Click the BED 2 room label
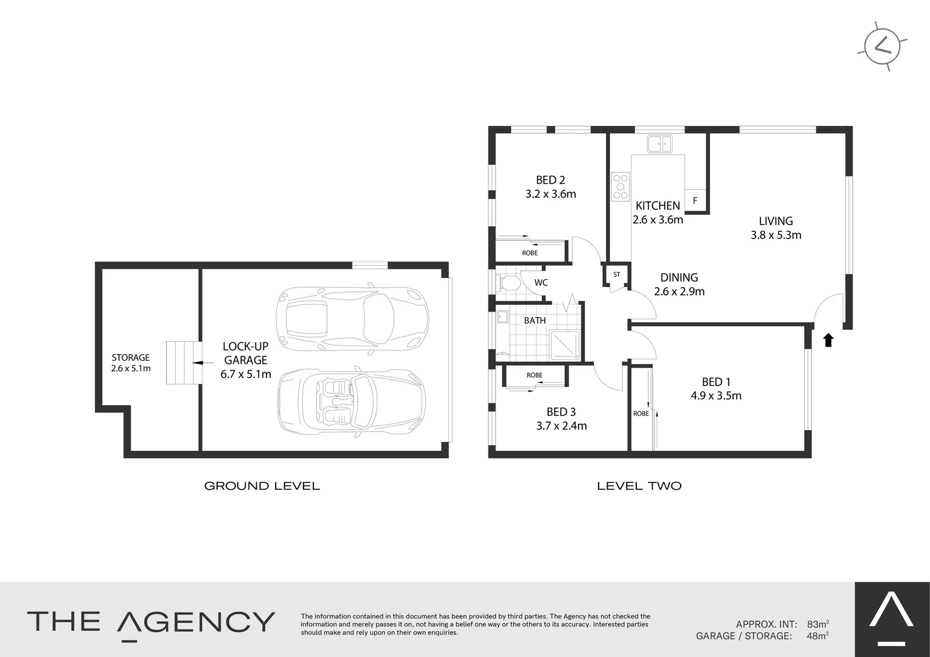coord(550,180)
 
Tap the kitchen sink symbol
coord(659,144)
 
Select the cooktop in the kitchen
coord(620,187)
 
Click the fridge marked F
coord(695,200)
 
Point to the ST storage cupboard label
coord(617,274)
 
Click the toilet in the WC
coord(509,283)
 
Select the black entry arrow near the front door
coord(828,340)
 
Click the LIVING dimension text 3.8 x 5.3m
coord(776,235)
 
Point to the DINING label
coord(679,277)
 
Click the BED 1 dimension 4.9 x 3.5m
coord(716,395)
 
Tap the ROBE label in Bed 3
coord(535,375)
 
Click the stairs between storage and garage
coord(183,362)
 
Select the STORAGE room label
coord(130,358)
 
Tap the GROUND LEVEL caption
coord(262,486)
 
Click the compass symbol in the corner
coord(882,46)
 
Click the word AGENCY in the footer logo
coord(195,622)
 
